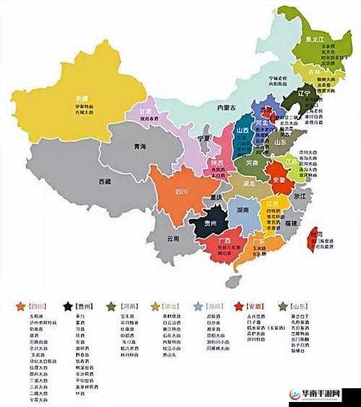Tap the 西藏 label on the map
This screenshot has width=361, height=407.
(x=105, y=181)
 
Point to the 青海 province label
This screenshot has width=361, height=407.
(x=139, y=146)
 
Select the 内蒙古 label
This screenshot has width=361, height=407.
(x=227, y=108)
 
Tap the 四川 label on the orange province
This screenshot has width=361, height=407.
(x=182, y=192)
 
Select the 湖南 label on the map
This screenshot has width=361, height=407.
(x=242, y=210)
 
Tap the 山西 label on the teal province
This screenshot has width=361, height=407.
(x=243, y=129)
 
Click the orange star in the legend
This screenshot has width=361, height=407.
(x=21, y=307)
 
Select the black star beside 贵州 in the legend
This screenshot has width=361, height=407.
(x=67, y=307)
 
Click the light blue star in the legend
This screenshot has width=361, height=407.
(x=198, y=307)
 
